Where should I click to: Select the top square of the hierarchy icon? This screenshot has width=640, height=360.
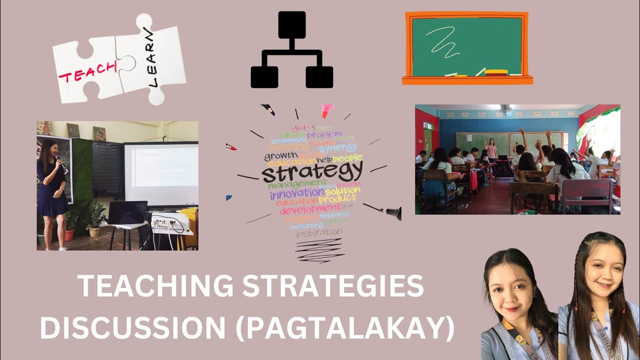291,24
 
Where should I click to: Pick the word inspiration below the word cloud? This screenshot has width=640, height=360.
319,232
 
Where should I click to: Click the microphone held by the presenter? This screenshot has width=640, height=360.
58,160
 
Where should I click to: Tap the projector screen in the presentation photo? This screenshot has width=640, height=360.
161,173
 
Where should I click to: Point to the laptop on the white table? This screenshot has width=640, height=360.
127,212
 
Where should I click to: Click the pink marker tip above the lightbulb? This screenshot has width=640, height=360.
327,111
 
